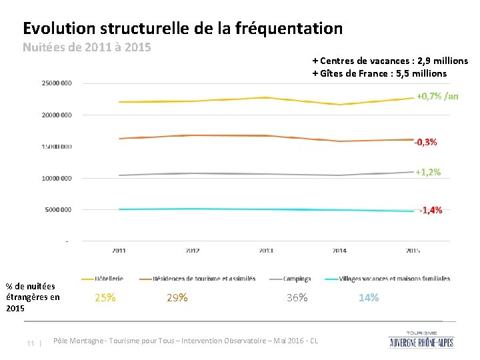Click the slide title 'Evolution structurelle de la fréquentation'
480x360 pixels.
coord(183,29)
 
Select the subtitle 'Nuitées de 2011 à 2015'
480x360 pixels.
coord(87,47)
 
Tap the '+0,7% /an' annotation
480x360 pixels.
coord(437,96)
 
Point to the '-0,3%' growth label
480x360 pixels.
coord(425,142)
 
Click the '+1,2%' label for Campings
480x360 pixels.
coord(427,172)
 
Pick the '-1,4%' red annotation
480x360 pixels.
coord(430,210)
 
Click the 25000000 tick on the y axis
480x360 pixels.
coord(57,83)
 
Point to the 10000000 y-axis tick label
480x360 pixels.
coord(57,178)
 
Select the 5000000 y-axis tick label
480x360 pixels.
coord(59,210)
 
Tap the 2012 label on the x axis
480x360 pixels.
coord(192,251)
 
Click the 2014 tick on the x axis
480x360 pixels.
coord(339,251)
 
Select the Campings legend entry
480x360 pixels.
coord(297,279)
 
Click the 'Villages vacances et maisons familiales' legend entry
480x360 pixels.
coord(394,279)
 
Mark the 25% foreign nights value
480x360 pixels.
coord(105,298)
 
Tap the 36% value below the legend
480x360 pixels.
coord(297,298)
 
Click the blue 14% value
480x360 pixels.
coord(369,298)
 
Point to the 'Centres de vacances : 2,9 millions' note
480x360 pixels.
coord(390,61)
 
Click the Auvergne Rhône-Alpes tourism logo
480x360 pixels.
coord(422,339)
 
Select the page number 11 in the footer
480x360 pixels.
coord(31,343)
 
